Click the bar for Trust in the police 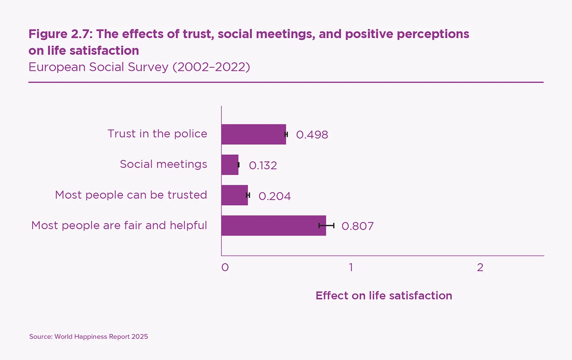pos(253,134)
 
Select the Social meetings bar pos(230,165)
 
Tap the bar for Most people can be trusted pos(235,195)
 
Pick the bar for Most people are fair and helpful pos(273,225)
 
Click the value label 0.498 pos(312,135)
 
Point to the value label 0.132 pos(263,165)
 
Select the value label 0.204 pos(275,196)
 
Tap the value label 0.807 pos(358,226)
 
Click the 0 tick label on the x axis pos(225,267)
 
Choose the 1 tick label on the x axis pos(351,267)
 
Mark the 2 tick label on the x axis pos(480,267)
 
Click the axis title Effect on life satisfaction pos(384,296)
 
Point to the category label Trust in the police pos(158,134)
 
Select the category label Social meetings pos(163,164)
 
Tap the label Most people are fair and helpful pos(119,225)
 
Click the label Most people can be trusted pos(131,195)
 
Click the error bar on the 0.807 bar pos(326,225)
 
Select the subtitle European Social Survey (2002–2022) pos(139,67)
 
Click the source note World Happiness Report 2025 pos(88,337)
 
